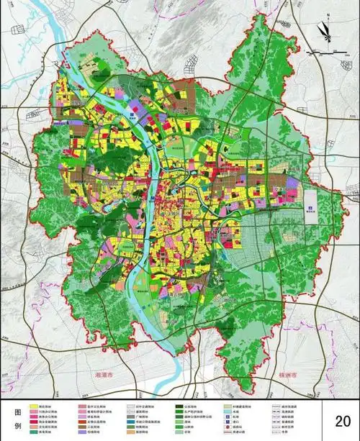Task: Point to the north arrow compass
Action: tap(324, 30)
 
